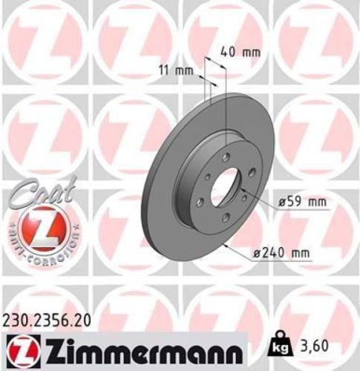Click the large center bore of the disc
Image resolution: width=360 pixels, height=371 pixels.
pyautogui.click(x=223, y=188)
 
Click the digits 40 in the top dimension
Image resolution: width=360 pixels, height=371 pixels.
pyautogui.click(x=229, y=53)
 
